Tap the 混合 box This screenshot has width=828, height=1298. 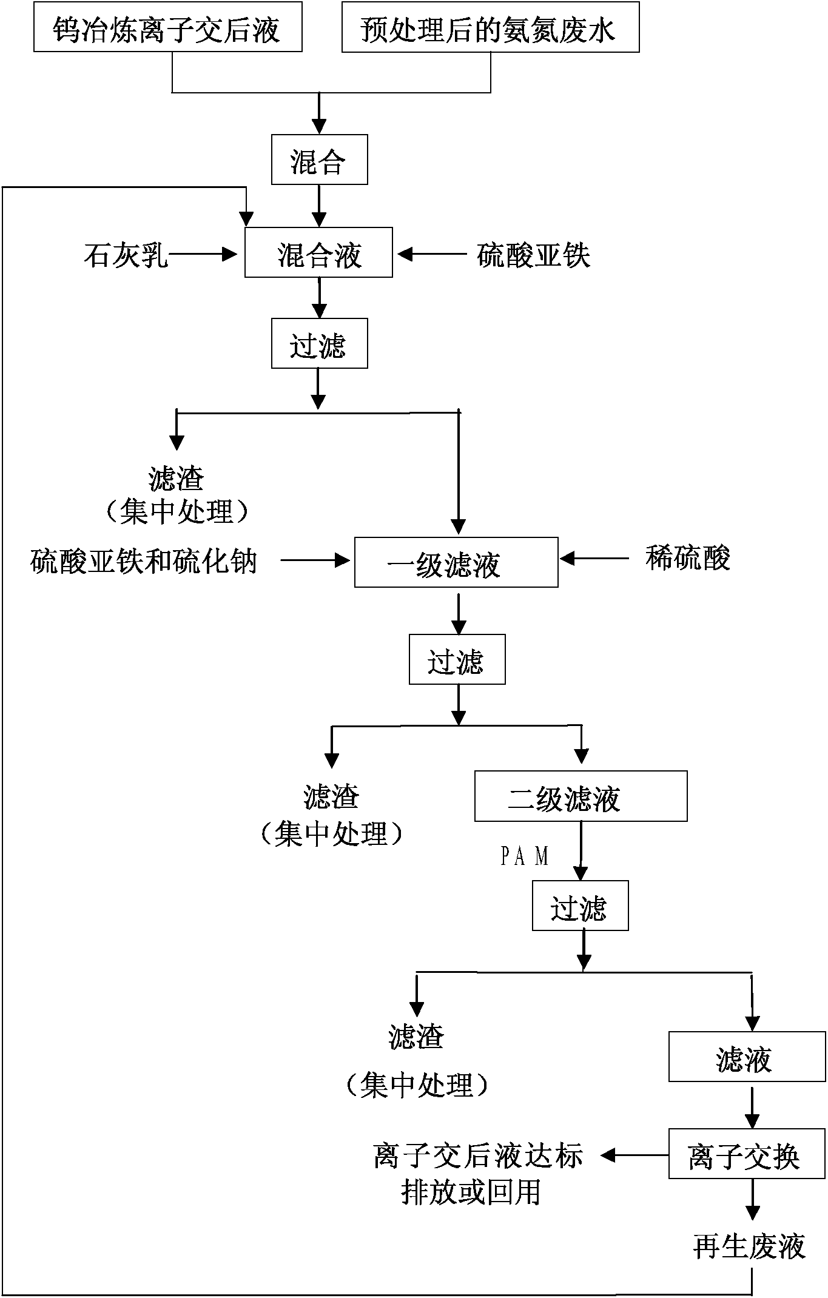click(x=319, y=160)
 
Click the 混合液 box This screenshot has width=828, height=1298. click(x=318, y=253)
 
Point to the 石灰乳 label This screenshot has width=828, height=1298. click(x=126, y=255)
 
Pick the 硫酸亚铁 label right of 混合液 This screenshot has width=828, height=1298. click(x=533, y=255)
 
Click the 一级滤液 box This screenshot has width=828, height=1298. click(x=456, y=562)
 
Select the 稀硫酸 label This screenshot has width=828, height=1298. click(x=687, y=558)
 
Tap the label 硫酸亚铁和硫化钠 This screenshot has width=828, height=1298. click(x=144, y=560)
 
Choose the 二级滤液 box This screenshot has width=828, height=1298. click(x=581, y=796)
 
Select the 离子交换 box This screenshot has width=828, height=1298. click(x=747, y=1156)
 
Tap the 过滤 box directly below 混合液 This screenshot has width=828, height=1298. click(x=319, y=344)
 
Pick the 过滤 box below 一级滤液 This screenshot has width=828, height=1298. click(x=457, y=660)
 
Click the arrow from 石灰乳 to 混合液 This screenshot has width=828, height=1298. click(x=203, y=255)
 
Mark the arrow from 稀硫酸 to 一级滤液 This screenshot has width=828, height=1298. click(x=594, y=558)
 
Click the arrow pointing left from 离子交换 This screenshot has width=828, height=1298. click(x=634, y=1155)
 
